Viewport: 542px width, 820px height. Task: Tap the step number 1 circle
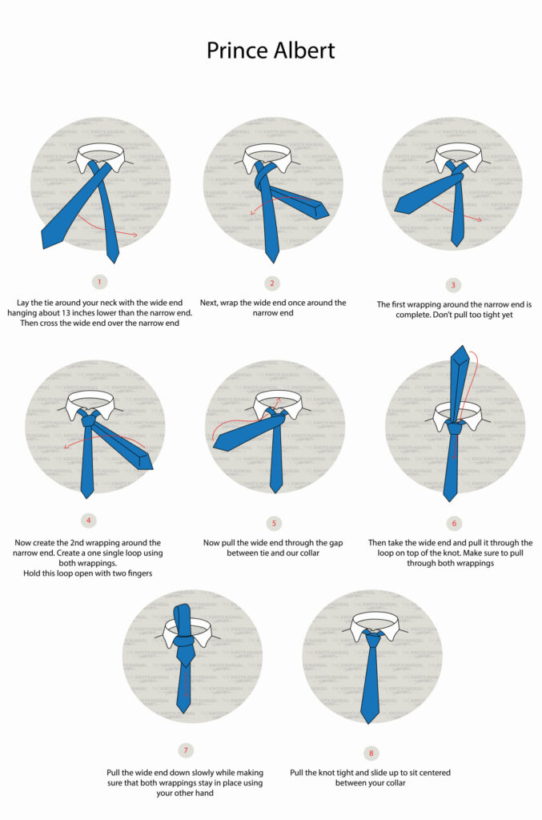click(99, 282)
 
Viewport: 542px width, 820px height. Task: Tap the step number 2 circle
click(272, 283)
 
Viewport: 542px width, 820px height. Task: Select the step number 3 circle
click(454, 284)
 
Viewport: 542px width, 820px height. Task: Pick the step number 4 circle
click(88, 521)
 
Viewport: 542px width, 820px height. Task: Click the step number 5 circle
click(274, 523)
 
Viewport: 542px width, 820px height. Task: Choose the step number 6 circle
click(454, 523)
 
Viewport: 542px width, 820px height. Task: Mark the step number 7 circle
click(186, 750)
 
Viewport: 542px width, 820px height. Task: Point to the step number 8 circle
click(371, 753)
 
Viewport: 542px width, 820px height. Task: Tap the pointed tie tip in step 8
click(369, 719)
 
